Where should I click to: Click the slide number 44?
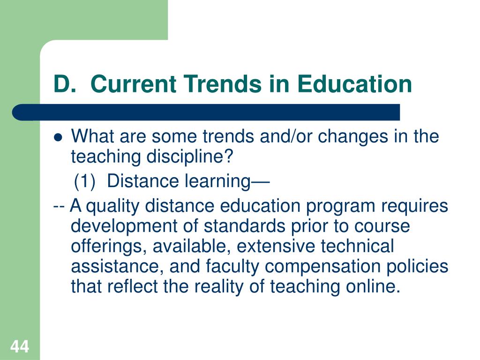pos(20,346)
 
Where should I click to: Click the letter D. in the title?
pos(64,84)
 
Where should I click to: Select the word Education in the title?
pos(354,84)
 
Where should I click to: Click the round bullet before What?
pos(58,138)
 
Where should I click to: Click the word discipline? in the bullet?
pos(189,157)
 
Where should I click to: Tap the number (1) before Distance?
pos(84,181)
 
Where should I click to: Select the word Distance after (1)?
pos(143,181)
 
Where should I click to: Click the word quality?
pos(112,207)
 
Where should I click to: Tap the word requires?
pos(414,207)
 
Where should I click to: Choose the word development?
pos(124,227)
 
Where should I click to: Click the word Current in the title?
pos(133,84)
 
